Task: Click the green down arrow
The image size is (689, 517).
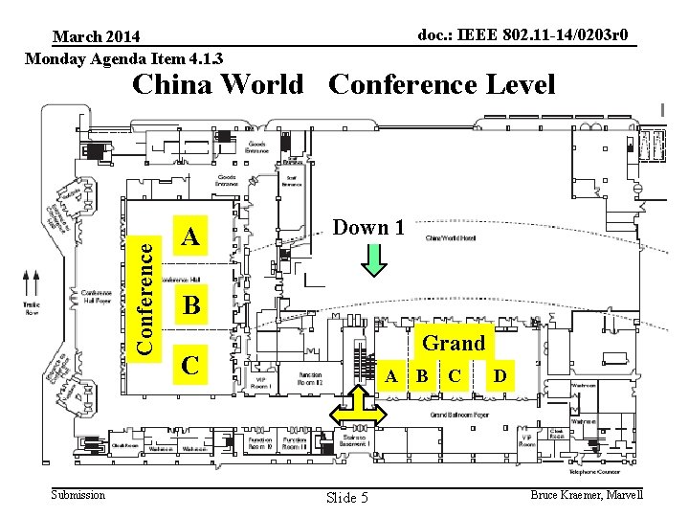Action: coord(375,259)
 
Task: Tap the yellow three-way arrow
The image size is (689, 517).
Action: coord(358,412)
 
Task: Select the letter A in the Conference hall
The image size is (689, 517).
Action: coord(191,236)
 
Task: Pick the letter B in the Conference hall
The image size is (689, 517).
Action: coord(191,305)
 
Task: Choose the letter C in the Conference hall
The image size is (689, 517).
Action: coord(191,365)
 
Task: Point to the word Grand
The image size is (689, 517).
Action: coord(454,343)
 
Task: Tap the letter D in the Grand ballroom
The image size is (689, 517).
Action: coord(500,375)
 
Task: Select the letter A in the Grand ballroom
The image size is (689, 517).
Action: coord(390,375)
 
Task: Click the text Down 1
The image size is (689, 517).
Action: coord(368,228)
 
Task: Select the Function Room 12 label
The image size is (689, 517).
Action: coord(310,379)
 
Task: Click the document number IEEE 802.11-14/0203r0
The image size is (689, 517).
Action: coord(524,35)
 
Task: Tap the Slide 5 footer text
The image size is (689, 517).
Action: coord(346,497)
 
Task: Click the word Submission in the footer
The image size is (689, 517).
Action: coord(78,494)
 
